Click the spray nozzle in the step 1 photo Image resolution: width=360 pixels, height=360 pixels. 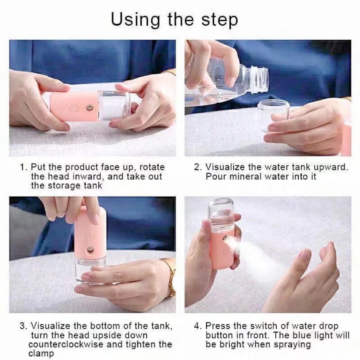coord(88,108)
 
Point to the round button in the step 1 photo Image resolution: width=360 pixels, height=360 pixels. coord(74,108)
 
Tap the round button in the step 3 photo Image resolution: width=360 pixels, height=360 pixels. coord(90,236)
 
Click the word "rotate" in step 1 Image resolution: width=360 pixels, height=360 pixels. coord(152,167)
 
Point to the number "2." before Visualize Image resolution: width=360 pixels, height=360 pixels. coord(198,167)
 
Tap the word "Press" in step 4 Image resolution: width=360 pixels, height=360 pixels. coord(218,326)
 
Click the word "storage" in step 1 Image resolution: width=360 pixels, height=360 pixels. coord(64,186)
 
